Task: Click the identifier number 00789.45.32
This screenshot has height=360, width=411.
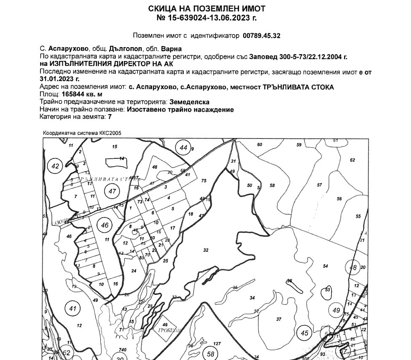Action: click(261, 36)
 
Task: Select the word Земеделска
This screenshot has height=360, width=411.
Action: click(190, 102)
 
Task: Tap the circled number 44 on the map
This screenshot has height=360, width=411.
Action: click(183, 148)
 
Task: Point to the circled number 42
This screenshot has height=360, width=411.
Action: click(55, 166)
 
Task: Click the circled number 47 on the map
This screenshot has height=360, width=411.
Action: click(112, 192)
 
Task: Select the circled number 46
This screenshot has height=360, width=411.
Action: click(105, 225)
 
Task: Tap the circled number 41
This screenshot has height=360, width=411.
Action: click(73, 309)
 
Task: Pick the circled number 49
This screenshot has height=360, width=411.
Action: click(336, 310)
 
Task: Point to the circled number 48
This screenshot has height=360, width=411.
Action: click(353, 267)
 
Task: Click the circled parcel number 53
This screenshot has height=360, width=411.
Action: click(327, 290)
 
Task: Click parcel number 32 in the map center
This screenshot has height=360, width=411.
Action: click(206, 250)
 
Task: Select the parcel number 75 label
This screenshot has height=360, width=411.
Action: click(204, 181)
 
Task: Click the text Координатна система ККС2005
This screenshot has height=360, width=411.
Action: click(82, 133)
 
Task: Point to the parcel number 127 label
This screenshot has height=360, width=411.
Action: click(217, 344)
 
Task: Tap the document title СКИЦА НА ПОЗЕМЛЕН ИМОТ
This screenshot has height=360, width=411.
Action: click(207, 9)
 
